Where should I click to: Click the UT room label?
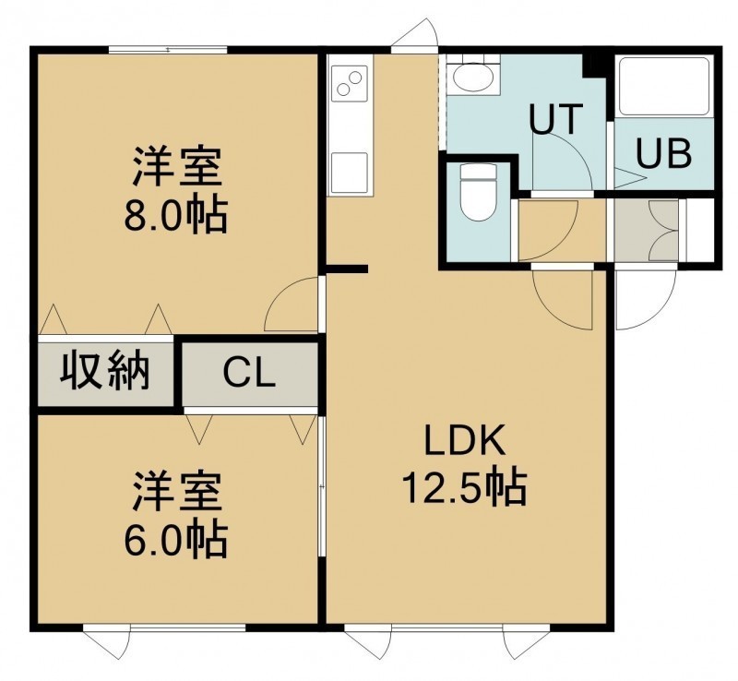coord(556,119)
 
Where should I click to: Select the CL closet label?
coord(249,373)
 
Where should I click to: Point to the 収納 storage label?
coord(105,372)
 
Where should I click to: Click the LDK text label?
coord(465,440)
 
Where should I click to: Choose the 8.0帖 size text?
coord(176,215)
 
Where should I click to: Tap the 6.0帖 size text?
coord(176,540)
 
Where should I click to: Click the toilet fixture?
coord(478,192)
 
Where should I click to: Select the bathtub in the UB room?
coord(664,86)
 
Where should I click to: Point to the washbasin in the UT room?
coord(473,76)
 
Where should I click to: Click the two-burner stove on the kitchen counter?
coord(350,82)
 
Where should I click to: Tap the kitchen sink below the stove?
coord(350,173)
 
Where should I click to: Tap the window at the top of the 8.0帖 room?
coord(168,50)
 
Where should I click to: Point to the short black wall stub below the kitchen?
coord(347,269)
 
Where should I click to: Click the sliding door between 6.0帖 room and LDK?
coord(321,486)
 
